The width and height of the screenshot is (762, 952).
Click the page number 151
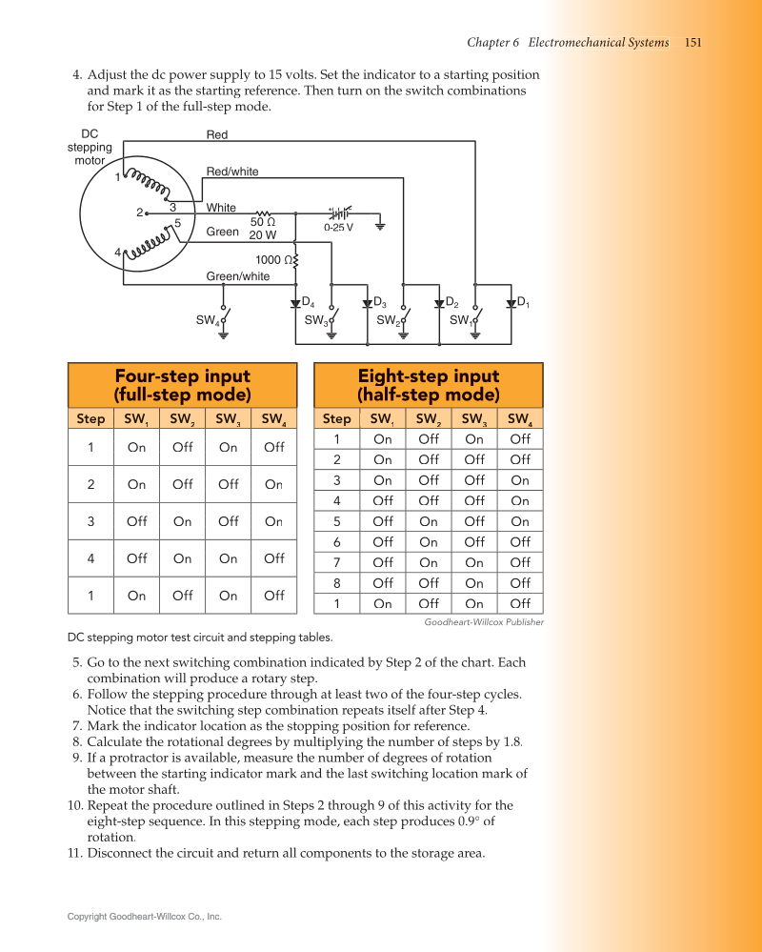coord(693,43)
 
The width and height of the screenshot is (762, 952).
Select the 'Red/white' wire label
coord(232,172)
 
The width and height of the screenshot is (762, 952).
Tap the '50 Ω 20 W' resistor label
coord(263,228)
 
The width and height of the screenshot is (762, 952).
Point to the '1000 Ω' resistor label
coord(273,260)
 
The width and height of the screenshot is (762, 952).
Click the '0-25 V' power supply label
coord(338,228)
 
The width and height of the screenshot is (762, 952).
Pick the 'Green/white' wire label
coord(238,277)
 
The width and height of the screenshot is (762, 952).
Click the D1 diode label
coord(523,303)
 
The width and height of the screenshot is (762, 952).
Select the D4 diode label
coord(308,303)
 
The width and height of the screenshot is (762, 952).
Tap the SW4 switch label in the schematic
coord(208,321)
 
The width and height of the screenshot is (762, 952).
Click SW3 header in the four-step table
coord(228,419)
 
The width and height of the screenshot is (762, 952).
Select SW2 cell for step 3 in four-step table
coord(182,522)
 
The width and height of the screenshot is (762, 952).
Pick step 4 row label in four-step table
coord(90,559)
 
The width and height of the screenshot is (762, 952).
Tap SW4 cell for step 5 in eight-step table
coord(520,522)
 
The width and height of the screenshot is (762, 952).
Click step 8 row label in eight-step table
coord(336,583)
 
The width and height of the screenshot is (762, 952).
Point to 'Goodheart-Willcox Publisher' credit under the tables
coord(484,622)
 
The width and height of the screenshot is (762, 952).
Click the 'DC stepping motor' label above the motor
coord(90,148)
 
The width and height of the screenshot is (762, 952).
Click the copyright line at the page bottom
coord(144,917)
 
